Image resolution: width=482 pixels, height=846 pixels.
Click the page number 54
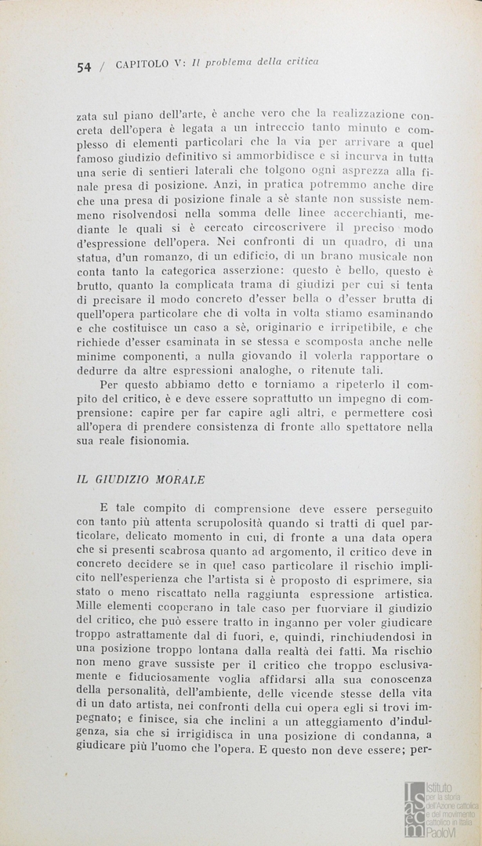(85, 67)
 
